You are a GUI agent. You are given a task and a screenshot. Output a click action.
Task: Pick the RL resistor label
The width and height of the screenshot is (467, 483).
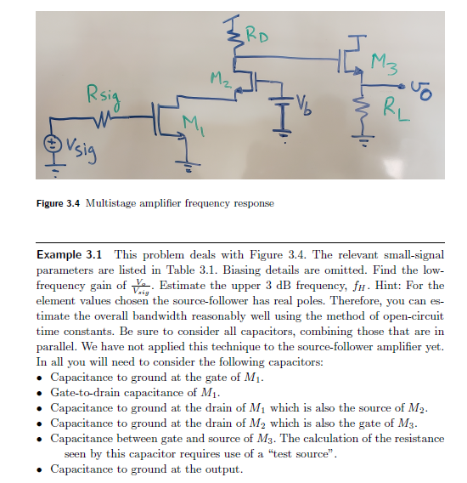coord(396,110)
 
